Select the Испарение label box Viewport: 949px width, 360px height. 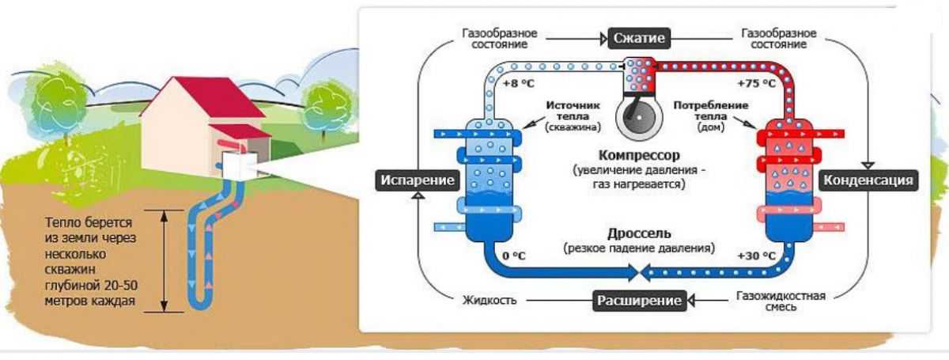click(x=417, y=180)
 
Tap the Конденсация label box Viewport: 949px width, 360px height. click(x=869, y=180)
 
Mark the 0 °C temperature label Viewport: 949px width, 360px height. click(x=515, y=256)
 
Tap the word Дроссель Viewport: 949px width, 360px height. click(x=639, y=233)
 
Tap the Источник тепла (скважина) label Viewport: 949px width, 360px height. click(x=573, y=116)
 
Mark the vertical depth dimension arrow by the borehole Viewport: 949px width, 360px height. click(x=164, y=259)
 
